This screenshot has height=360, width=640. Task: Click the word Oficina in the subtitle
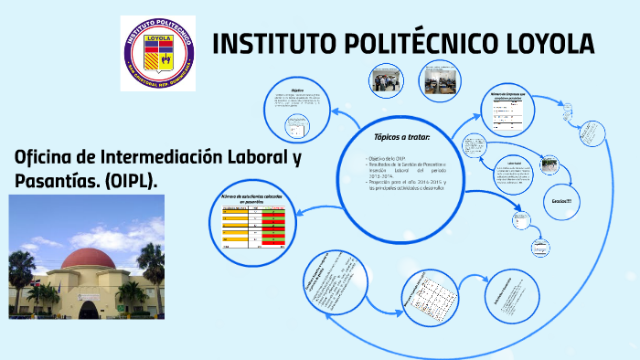click(45, 156)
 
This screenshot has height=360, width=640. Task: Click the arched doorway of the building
click(89, 307)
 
